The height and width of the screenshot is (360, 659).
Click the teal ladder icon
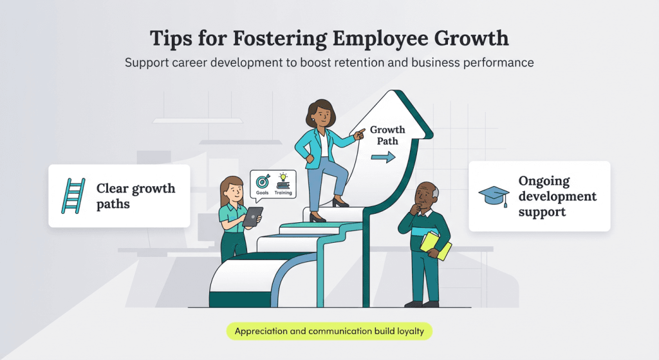tap(73, 196)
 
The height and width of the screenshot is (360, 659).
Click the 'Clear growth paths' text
tap(135, 196)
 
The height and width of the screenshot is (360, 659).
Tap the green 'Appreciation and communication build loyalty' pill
tap(329, 332)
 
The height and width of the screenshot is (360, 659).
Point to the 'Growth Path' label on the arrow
tap(384, 135)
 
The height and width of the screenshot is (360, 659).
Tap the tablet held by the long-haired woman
tap(252, 216)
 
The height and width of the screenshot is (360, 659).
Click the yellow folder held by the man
tap(436, 245)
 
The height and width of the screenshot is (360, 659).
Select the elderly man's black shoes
tap(422, 303)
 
